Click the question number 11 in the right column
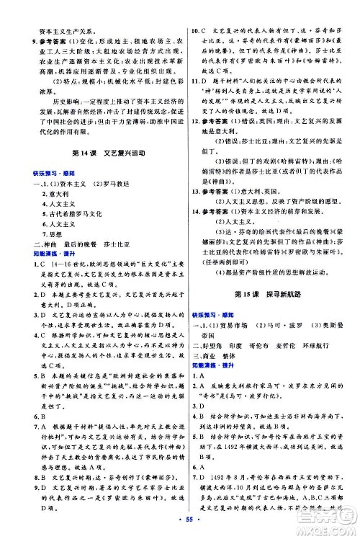tap(193, 106)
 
